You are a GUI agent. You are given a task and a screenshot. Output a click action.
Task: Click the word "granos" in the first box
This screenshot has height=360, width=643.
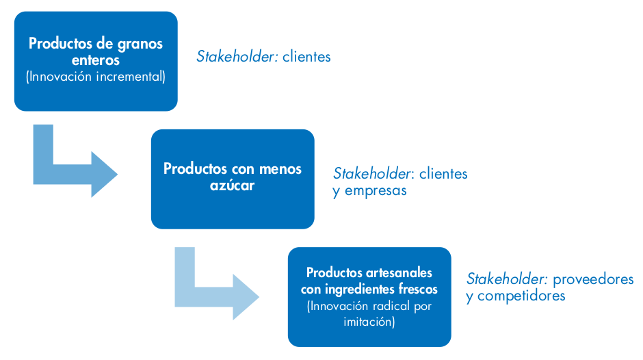click(x=140, y=44)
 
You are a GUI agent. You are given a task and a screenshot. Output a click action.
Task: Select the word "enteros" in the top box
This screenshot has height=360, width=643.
click(x=96, y=60)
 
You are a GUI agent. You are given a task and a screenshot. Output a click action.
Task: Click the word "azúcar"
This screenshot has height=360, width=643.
click(x=232, y=185)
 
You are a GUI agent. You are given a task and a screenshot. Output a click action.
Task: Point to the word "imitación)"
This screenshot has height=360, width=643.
click(x=369, y=322)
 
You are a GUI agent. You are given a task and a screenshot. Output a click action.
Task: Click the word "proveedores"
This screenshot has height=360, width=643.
click(x=593, y=279)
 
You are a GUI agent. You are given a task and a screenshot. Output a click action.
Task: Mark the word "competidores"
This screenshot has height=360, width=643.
click(x=521, y=296)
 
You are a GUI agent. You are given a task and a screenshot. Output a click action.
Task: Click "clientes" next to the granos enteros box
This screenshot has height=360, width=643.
click(x=306, y=57)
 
